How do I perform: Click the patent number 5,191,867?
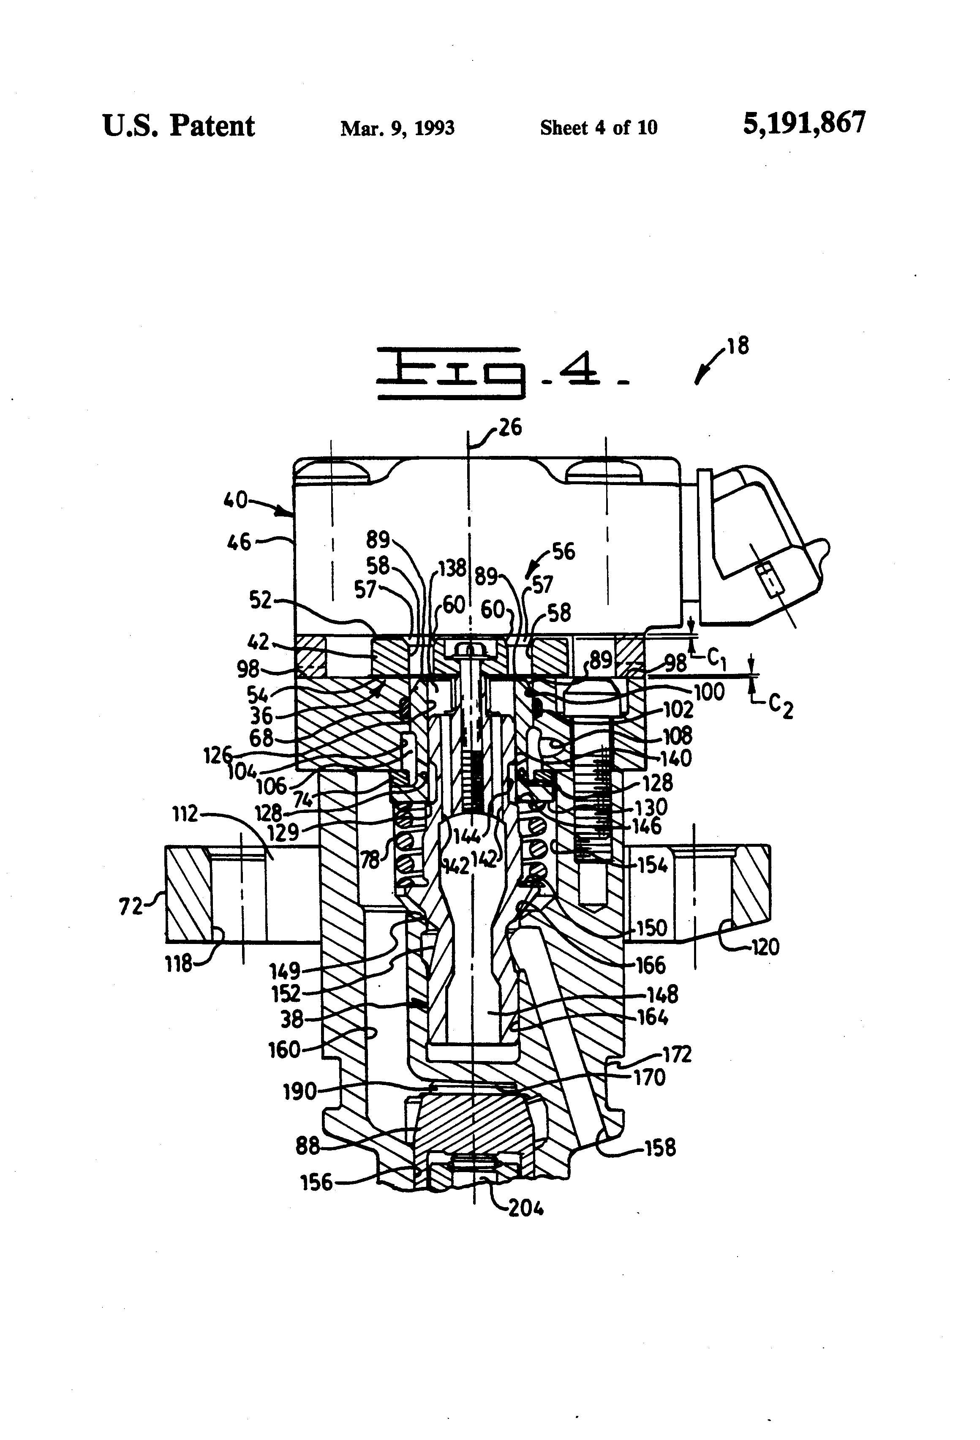pos(803,123)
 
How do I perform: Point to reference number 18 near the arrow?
pos(738,346)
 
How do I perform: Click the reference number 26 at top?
pos(510,428)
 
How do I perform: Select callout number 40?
pos(235,499)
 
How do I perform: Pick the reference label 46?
pos(239,543)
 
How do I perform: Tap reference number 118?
pos(179,964)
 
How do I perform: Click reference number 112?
pos(185,813)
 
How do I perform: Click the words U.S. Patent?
pos(178,126)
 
